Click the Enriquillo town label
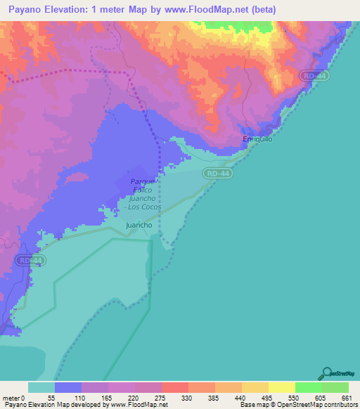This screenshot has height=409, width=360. (257, 139)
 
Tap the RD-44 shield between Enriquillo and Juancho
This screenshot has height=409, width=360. (217, 173)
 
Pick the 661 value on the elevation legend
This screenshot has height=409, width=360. (345, 397)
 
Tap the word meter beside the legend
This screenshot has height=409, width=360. (12, 397)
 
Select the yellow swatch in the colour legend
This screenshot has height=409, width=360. (281, 387)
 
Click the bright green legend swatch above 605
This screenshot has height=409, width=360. (308, 387)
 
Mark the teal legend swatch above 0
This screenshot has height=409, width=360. (41, 387)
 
